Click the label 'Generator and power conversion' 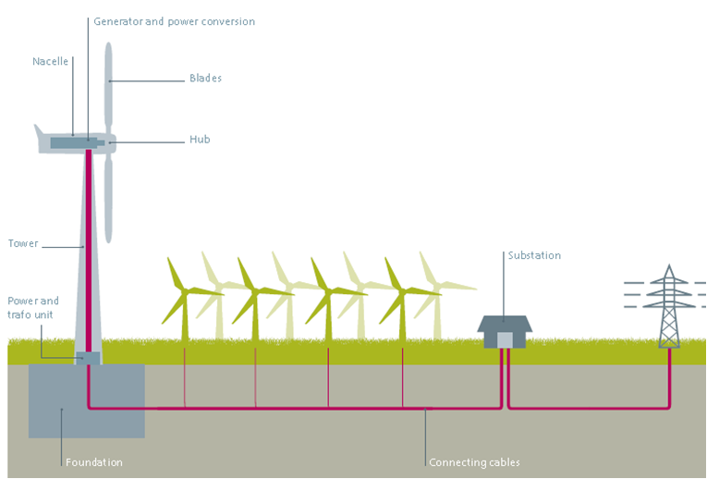pos(174,21)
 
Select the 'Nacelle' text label pos(51,62)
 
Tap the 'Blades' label pos(205,79)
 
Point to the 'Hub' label pos(200,140)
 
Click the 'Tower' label pos(23,244)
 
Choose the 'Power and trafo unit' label pos(33,308)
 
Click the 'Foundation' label pos(93,461)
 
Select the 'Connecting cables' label pos(474,461)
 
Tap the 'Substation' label pos(534,255)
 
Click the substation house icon pos(505,331)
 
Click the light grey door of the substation pos(505,340)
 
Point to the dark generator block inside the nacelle pos(68,142)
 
